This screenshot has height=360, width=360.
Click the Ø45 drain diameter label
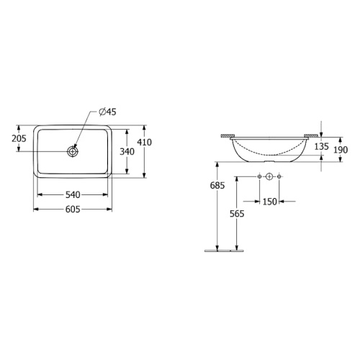click(x=107, y=112)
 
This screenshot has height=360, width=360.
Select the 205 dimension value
click(x=19, y=138)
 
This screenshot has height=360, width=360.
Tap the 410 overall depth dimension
click(x=145, y=143)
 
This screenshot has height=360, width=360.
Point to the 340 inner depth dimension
click(x=127, y=152)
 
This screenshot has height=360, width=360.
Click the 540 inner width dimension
click(x=73, y=195)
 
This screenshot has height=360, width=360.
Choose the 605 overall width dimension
click(x=73, y=210)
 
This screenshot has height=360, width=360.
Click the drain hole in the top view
click(x=73, y=151)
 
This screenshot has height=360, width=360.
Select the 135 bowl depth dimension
click(x=321, y=146)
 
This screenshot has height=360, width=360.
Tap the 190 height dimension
click(x=341, y=150)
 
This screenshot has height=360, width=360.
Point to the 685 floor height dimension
click(x=217, y=185)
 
